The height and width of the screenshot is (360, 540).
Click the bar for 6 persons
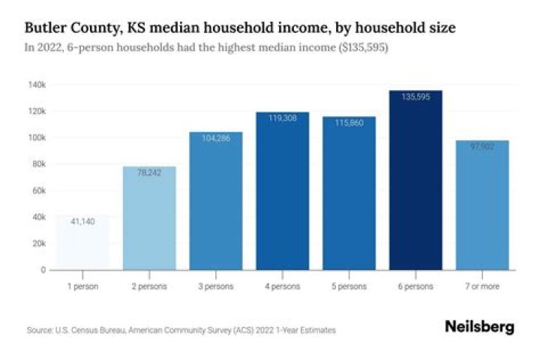point(415,180)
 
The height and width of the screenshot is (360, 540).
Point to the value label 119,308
point(282,118)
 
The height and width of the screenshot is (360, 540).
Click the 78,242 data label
point(149,172)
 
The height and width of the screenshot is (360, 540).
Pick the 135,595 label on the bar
point(415,97)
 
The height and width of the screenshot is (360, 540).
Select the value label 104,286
point(216,137)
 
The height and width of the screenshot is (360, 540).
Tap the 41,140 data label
point(82,221)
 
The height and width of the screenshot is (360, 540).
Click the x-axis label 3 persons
point(216,286)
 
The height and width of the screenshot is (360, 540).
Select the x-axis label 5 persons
point(349,286)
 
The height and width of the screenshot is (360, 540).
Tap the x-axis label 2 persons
point(149,286)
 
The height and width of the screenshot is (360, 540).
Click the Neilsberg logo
point(480,327)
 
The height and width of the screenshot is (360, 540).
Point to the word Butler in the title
point(46,28)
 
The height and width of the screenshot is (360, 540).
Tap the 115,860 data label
point(349,122)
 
